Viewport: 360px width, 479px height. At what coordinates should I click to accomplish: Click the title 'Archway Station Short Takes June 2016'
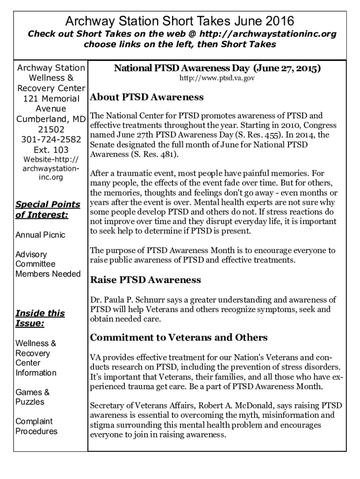[x=180, y=21]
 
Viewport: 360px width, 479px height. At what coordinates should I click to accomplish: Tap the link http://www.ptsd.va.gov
[x=217, y=79]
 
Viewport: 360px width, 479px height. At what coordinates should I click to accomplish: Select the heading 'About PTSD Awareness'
[x=146, y=97]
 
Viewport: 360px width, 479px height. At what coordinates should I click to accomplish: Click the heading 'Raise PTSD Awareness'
[x=145, y=280]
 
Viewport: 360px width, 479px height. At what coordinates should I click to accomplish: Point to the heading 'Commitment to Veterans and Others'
[x=179, y=337]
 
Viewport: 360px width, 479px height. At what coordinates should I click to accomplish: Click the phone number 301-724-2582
[x=51, y=139]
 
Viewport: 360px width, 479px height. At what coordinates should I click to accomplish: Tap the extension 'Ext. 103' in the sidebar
[x=51, y=150]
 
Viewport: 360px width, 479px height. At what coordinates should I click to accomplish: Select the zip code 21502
[x=51, y=129]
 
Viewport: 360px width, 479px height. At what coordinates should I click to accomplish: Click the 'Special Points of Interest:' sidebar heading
[x=48, y=210]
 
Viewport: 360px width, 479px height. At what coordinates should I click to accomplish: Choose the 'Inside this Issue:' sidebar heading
[x=40, y=318]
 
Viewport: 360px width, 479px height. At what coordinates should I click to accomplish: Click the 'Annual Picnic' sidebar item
[x=40, y=235]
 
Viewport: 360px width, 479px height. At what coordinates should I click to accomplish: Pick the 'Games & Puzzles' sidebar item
[x=33, y=397]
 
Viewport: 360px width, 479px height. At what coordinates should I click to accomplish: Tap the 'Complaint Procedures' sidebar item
[x=36, y=426]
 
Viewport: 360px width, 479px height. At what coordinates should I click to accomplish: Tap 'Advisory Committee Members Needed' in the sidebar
[x=48, y=264]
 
